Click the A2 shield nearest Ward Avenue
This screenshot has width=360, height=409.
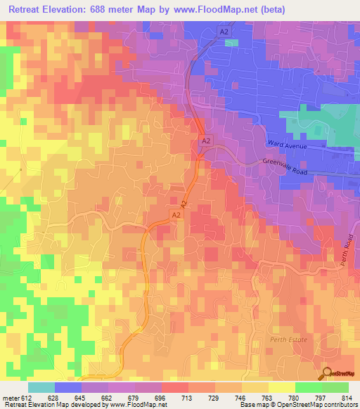point(205,141)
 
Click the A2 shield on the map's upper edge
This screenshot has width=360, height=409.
point(224,32)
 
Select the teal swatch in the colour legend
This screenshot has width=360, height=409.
point(41,387)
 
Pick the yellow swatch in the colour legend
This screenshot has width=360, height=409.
point(282,387)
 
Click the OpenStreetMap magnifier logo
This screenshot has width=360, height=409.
point(327,374)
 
